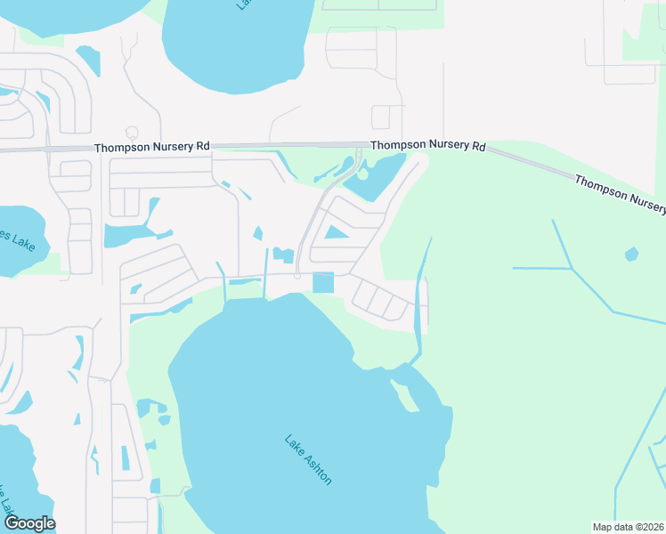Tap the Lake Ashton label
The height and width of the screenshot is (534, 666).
click(308, 459)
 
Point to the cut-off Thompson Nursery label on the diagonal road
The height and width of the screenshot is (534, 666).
click(620, 194)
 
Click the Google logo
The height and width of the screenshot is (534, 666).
click(30, 523)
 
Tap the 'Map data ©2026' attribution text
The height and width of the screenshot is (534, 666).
click(628, 527)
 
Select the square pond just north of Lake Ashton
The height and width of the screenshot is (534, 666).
click(322, 282)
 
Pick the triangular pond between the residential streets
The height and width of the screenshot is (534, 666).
click(336, 233)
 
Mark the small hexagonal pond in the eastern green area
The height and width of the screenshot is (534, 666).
click(631, 255)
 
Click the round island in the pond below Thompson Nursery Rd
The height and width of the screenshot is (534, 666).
click(362, 174)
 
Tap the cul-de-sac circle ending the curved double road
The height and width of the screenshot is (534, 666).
click(297, 276)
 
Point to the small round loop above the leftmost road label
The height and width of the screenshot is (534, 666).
click(132, 133)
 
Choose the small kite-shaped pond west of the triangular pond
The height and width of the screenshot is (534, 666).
click(258, 233)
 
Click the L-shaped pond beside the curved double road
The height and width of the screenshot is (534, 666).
click(283, 255)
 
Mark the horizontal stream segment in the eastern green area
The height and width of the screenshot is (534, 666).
click(541, 267)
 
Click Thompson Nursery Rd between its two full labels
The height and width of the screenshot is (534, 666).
click(289, 144)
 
